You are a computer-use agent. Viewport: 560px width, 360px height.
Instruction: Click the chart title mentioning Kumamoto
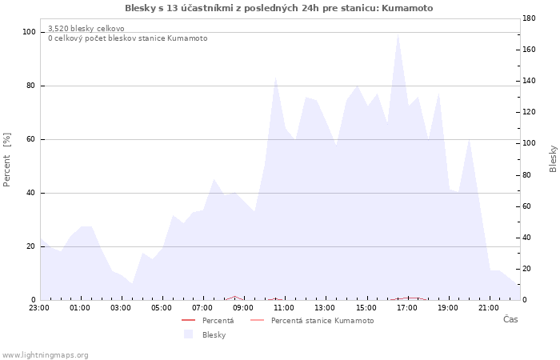click(x=279, y=8)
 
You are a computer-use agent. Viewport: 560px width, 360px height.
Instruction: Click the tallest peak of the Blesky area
click(x=398, y=34)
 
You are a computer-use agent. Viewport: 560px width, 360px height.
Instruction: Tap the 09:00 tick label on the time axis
click(x=243, y=308)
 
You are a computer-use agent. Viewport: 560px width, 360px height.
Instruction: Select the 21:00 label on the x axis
click(x=489, y=308)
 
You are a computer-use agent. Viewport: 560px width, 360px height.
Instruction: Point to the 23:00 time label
click(x=39, y=308)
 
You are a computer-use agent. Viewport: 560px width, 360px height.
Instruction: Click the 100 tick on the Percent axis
click(x=29, y=32)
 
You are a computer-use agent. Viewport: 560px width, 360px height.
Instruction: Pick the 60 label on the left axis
click(x=31, y=139)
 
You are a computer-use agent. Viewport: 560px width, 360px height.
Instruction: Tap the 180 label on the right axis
click(x=529, y=18)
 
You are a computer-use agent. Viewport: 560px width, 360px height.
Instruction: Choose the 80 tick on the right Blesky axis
click(x=526, y=175)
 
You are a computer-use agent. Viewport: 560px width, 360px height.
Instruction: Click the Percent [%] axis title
click(x=6, y=160)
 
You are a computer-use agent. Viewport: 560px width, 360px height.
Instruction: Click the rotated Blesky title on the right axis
click(x=553, y=159)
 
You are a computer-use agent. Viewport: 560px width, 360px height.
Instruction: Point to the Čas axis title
click(x=510, y=319)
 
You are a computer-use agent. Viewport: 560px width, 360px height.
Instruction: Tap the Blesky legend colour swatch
click(x=188, y=334)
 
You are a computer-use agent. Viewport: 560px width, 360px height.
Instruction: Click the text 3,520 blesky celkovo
click(x=86, y=29)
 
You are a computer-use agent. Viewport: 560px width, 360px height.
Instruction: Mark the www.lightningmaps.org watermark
click(x=44, y=355)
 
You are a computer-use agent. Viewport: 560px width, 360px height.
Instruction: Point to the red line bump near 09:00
click(x=234, y=297)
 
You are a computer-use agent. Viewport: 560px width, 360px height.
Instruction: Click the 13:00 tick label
click(x=325, y=308)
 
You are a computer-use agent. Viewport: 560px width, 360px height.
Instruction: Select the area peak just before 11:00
click(x=275, y=78)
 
